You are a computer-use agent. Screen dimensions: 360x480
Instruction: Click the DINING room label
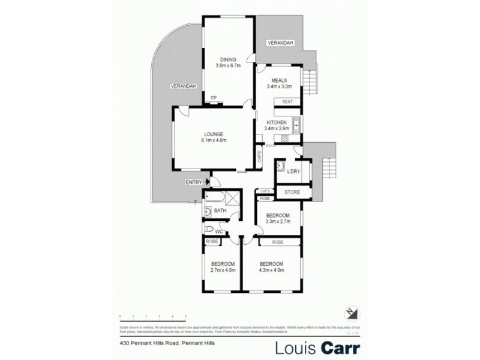[x=228, y=59]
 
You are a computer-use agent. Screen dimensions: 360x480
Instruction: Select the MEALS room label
[x=278, y=80]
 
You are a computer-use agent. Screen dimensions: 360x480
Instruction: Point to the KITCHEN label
[x=277, y=122]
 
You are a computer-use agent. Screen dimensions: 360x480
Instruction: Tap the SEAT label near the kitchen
[x=287, y=101]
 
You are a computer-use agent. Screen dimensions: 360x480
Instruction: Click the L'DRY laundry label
[x=293, y=172]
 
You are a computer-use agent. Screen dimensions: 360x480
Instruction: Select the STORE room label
[x=292, y=192]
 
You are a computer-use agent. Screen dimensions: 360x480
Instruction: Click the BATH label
[x=220, y=211]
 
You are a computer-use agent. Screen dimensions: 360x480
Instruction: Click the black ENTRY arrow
[x=208, y=181]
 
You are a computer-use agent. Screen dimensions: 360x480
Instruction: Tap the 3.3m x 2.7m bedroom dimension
[x=278, y=221]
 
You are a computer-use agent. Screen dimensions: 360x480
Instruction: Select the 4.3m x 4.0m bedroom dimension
[x=271, y=270]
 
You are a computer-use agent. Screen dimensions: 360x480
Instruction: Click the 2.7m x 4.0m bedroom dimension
[x=222, y=270]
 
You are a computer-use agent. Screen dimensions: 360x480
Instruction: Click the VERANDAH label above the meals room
[x=280, y=44]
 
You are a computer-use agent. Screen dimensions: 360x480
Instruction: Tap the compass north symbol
[x=351, y=313]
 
